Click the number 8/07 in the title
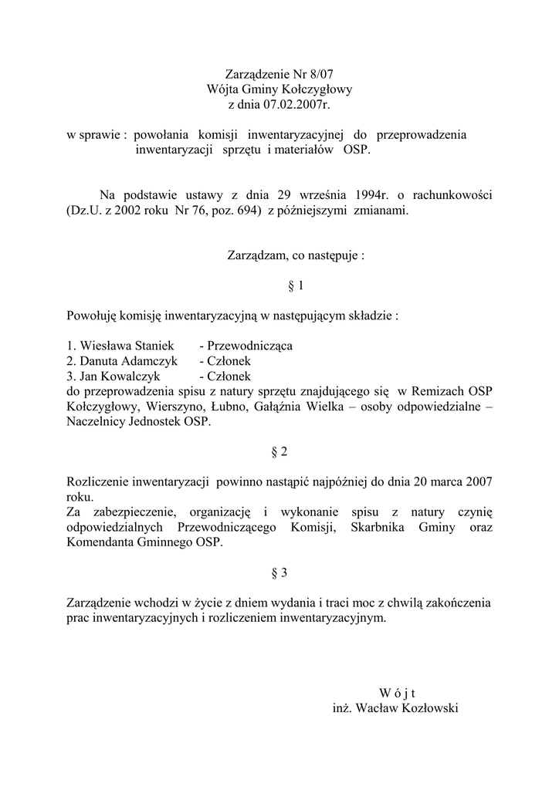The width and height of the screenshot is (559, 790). (318, 75)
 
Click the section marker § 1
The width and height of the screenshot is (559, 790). (279, 285)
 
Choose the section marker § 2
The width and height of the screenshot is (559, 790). (279, 451)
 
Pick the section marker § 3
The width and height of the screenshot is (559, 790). (279, 572)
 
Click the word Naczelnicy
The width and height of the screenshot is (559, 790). (98, 421)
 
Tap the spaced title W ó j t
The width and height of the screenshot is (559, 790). (398, 693)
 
